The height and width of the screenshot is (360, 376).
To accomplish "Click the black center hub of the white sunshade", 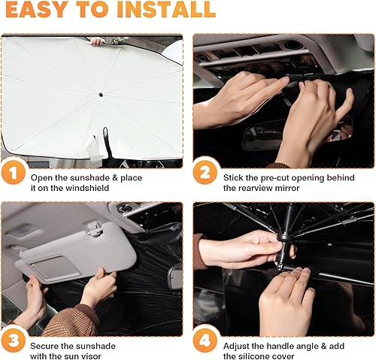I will [x=100, y=94].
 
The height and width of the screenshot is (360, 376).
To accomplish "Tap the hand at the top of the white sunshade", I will [x=96, y=41].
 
